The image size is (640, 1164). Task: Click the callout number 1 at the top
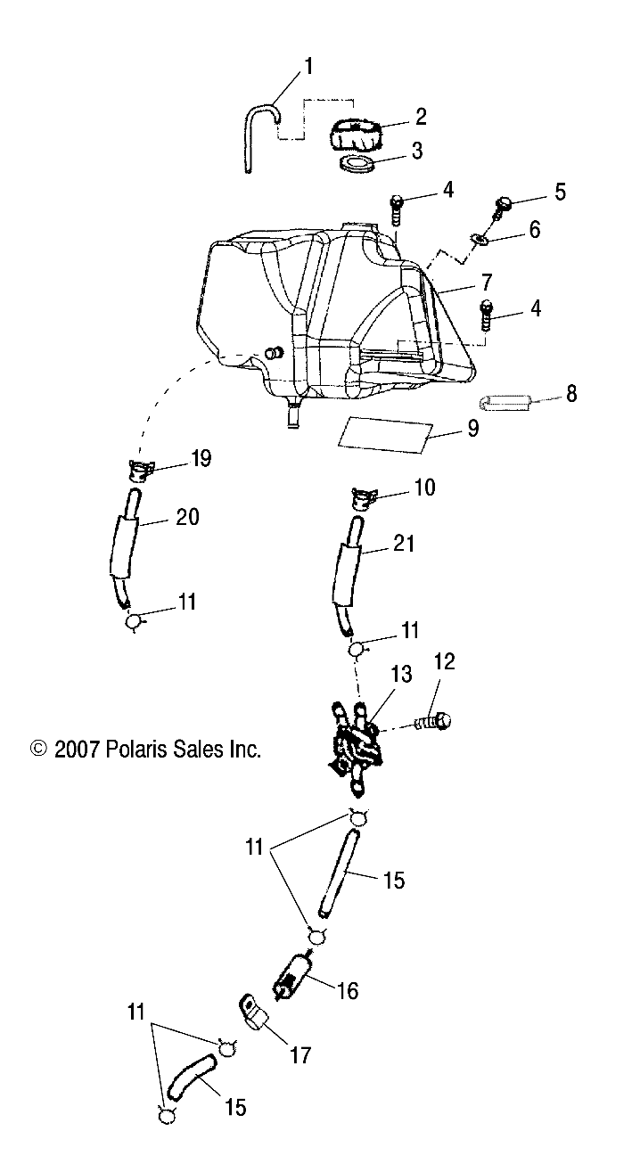coord(308,66)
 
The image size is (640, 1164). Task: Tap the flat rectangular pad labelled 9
coord(383,432)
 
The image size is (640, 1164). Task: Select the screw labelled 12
coord(435,721)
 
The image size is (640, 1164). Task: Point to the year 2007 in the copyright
coord(78,750)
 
